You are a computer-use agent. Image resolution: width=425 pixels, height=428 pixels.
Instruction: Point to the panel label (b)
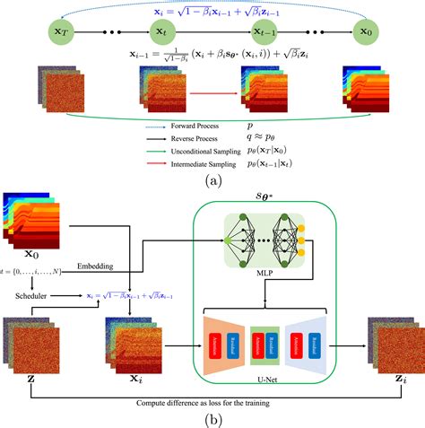click(212, 418)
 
